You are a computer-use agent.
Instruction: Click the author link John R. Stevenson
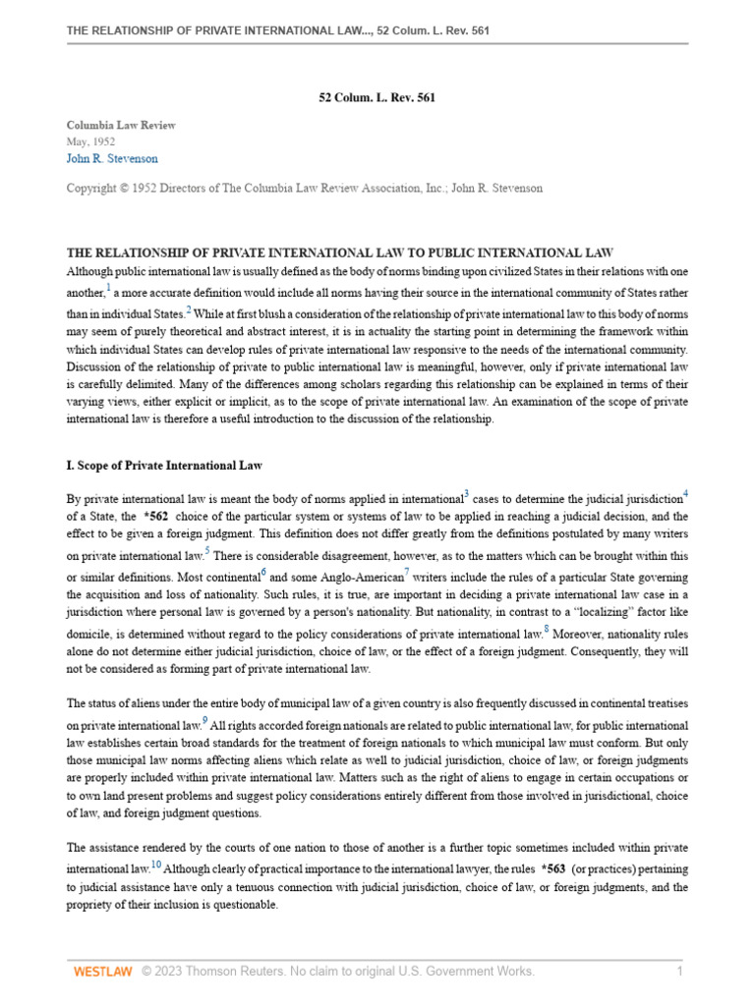click(x=111, y=158)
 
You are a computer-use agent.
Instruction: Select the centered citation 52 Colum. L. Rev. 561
click(x=377, y=97)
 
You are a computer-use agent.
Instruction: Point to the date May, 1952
click(x=90, y=141)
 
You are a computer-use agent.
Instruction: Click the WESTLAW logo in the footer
click(x=101, y=972)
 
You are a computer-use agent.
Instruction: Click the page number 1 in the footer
click(x=678, y=972)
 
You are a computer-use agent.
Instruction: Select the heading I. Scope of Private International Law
click(x=163, y=465)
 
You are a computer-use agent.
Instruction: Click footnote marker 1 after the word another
click(x=108, y=288)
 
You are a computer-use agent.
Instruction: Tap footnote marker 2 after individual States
click(x=189, y=309)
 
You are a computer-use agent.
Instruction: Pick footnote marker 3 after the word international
click(x=466, y=492)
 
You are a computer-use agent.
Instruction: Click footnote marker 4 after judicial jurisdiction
click(x=685, y=492)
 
